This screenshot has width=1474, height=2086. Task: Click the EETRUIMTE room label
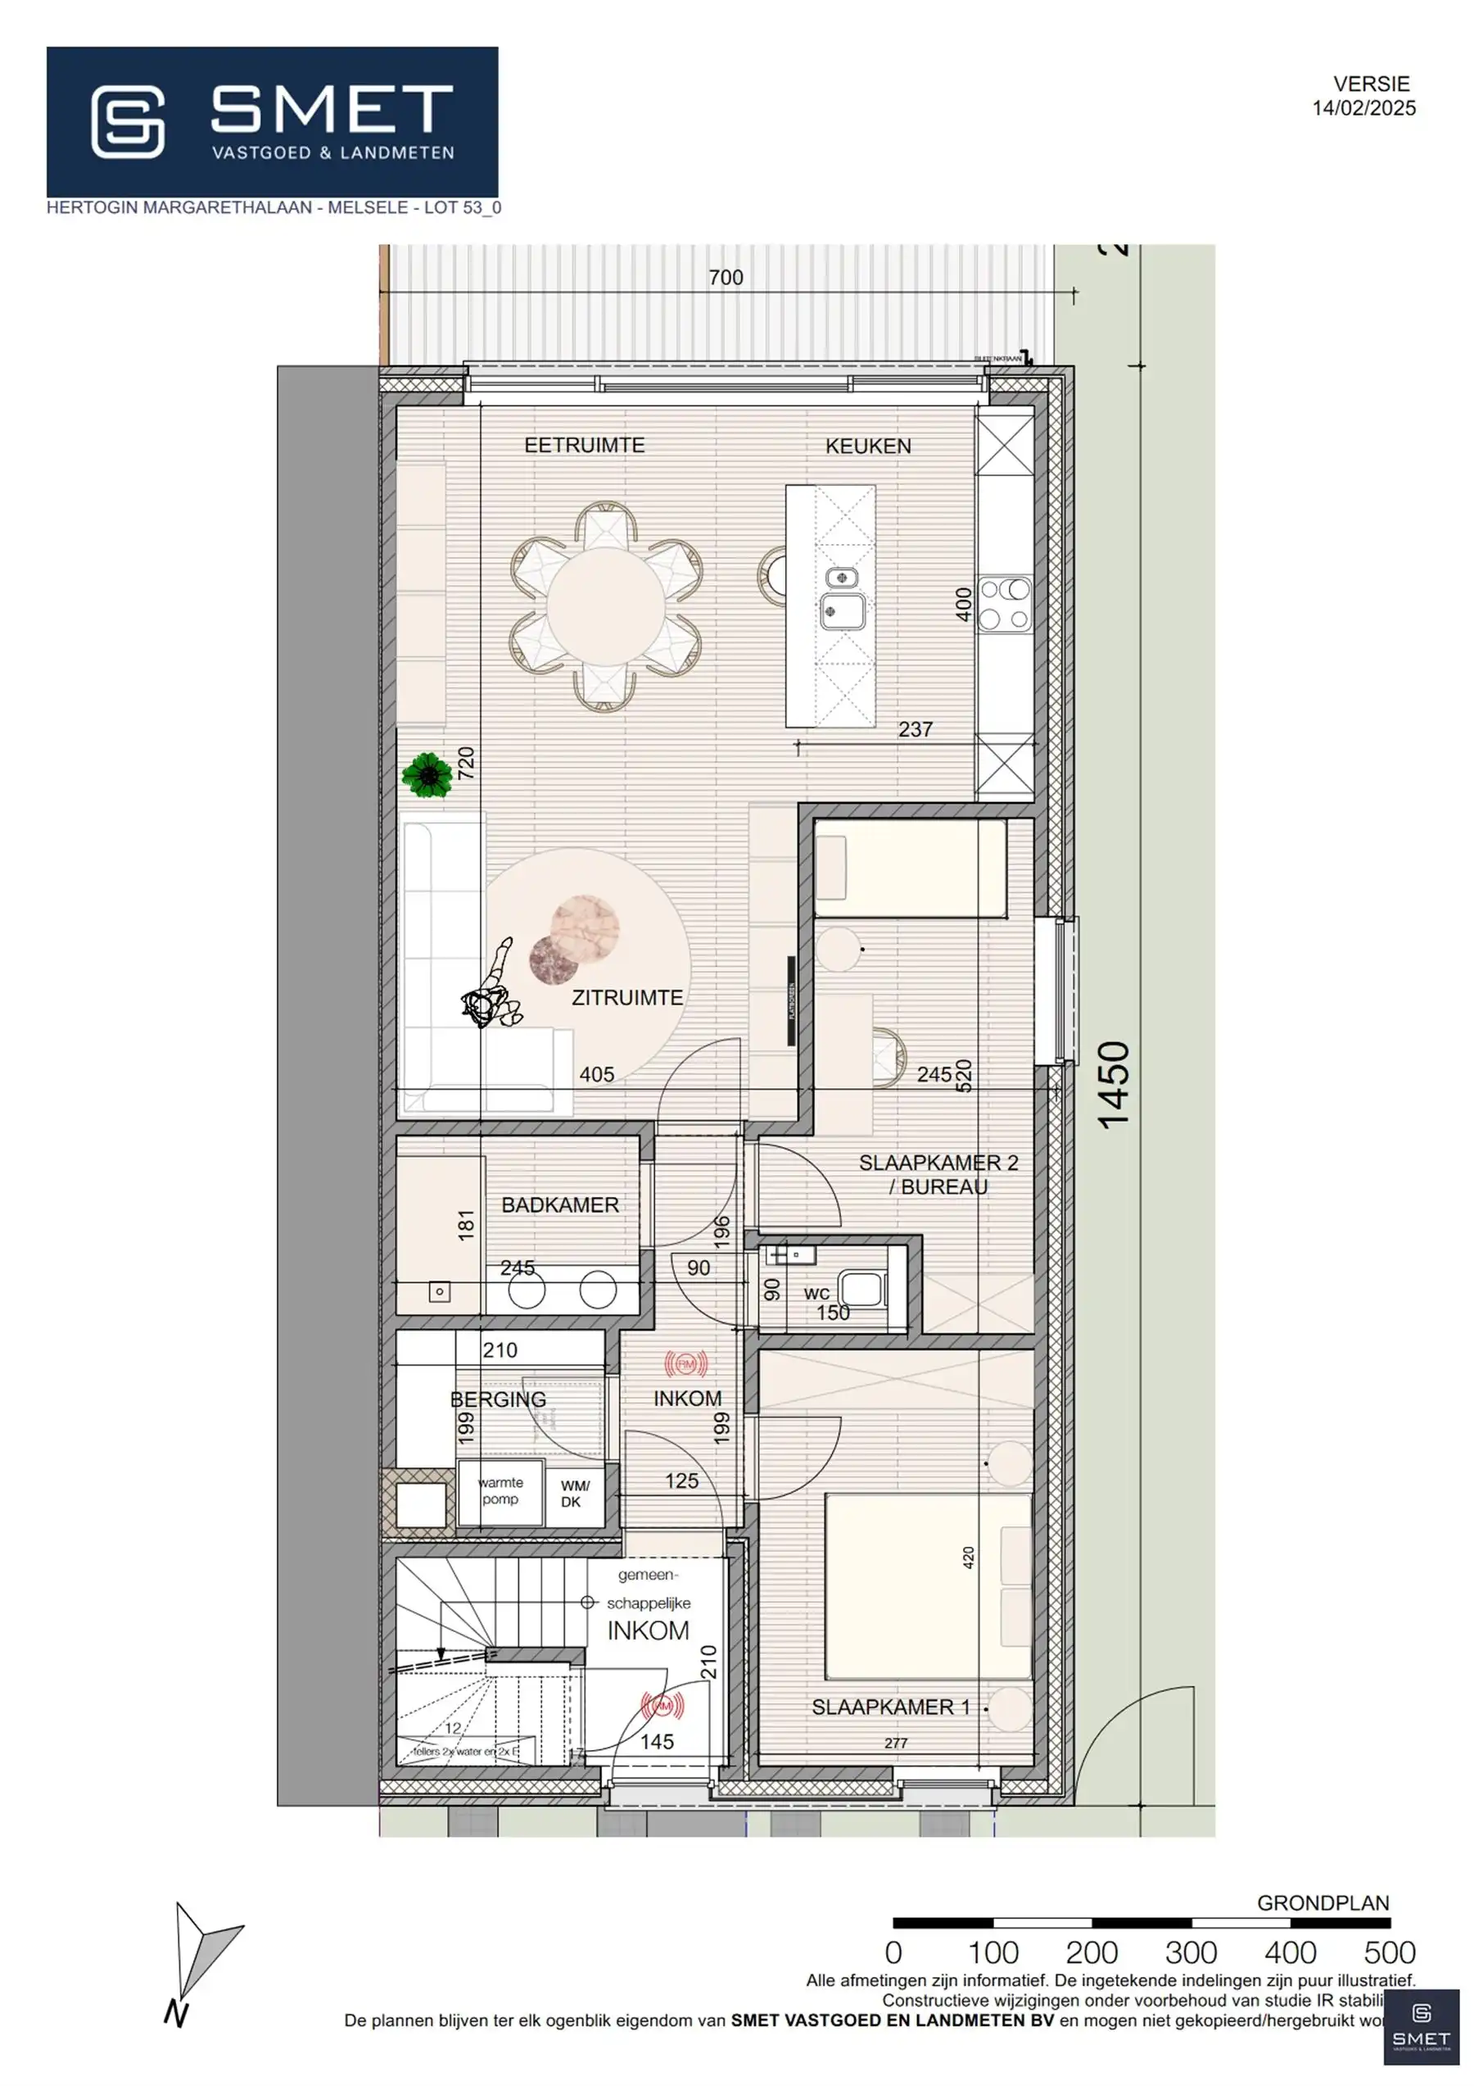click(x=584, y=445)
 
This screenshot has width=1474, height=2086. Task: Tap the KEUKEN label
click(x=867, y=446)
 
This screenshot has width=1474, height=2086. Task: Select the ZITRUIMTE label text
click(x=626, y=998)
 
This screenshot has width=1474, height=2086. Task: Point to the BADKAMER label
click(x=559, y=1204)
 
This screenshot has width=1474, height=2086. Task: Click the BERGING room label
click(x=498, y=1399)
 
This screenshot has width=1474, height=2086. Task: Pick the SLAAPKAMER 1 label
click(x=890, y=1707)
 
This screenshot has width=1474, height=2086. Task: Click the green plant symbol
click(x=427, y=775)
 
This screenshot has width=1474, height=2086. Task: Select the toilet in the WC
click(x=861, y=1288)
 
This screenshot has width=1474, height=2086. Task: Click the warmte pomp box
click(x=500, y=1491)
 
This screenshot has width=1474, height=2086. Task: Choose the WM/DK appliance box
click(x=574, y=1494)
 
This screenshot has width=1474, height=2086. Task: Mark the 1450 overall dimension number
click(x=1115, y=1085)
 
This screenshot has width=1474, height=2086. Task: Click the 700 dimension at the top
click(x=726, y=277)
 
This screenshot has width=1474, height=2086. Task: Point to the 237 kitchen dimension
click(x=915, y=728)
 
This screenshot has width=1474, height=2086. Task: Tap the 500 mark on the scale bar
click(x=1389, y=1952)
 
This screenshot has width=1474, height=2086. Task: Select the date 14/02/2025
click(x=1363, y=108)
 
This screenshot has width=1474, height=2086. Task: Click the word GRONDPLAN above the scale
click(x=1323, y=1902)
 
